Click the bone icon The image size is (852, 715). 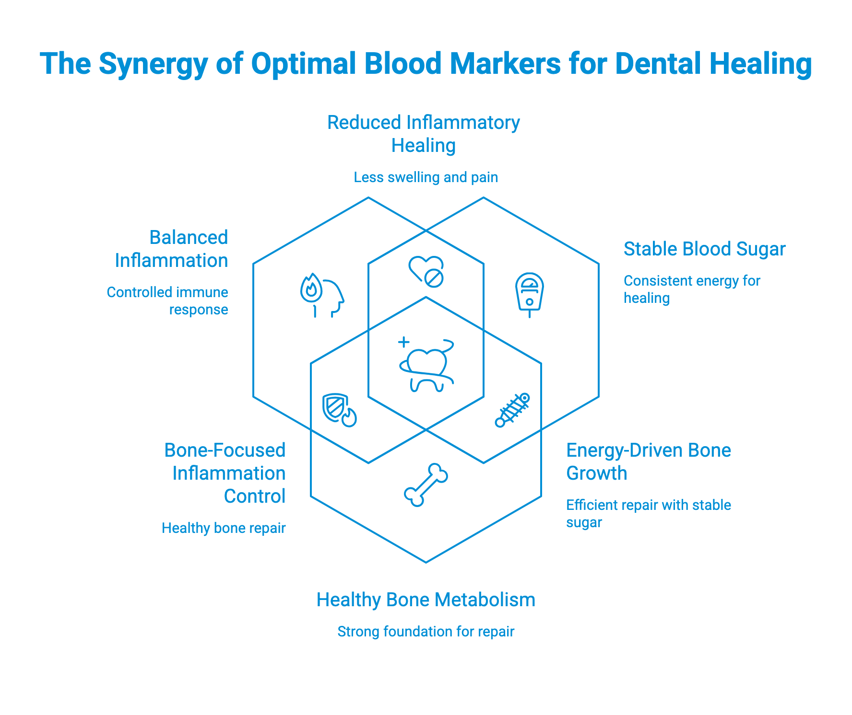[426, 485]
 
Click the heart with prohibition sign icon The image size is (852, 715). [426, 271]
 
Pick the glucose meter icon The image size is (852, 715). [529, 293]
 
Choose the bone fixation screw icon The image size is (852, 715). [512, 410]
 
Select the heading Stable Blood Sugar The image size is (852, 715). [704, 249]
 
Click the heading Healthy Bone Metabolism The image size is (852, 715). [426, 600]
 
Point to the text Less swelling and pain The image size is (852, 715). [426, 177]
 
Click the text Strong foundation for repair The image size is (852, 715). [426, 632]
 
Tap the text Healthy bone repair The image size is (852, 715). [224, 528]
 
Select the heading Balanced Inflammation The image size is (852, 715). [171, 249]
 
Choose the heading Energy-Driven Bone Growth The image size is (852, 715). [649, 461]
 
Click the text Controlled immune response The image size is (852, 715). [167, 301]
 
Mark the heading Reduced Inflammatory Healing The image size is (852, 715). [424, 134]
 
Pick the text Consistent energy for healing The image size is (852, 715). [692, 289]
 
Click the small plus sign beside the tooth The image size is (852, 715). [404, 342]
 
